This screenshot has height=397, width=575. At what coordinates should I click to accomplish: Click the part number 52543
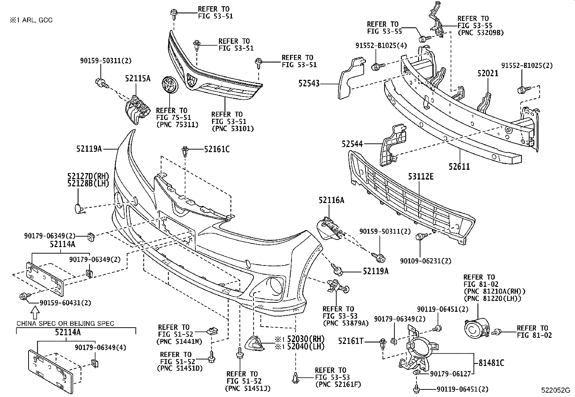pos(309,83)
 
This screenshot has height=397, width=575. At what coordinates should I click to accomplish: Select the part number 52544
pos(352,144)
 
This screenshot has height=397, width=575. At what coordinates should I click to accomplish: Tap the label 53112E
pos(421,176)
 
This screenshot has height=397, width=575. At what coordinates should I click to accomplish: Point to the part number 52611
pos(459,167)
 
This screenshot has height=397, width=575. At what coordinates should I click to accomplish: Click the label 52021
pos(488,73)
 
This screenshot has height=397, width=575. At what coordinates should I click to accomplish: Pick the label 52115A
pos(138,78)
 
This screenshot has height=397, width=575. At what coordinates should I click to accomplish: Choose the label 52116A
pos(332,200)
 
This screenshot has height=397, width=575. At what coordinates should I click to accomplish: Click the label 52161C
pos(217,149)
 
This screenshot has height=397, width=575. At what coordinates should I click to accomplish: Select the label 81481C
pos(491,363)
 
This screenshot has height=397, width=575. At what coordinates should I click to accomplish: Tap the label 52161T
pos(351,341)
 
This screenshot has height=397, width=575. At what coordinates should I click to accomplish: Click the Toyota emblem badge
pos(170,85)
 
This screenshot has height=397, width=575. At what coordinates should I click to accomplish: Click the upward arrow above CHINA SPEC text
pos(35,314)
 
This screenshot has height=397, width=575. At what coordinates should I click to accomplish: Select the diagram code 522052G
pos(555,390)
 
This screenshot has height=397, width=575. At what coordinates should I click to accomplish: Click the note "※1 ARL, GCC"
pos(31,20)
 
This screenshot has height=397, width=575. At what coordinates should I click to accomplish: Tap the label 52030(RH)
pos(306,339)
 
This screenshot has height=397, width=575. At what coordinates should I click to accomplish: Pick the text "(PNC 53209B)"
pos(480,33)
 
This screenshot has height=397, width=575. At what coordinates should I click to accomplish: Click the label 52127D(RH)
pos(88,176)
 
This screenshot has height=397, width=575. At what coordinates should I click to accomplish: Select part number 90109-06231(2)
pos(425,261)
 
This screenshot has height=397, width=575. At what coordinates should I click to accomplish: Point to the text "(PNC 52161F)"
pos(338,384)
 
